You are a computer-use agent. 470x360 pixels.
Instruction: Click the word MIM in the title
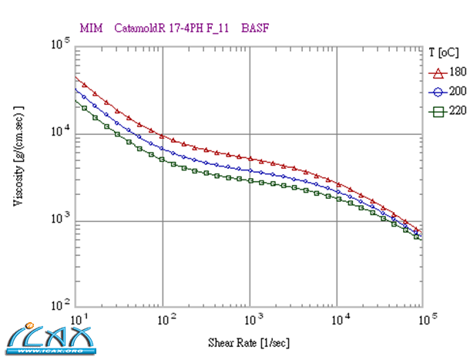[x=91, y=29]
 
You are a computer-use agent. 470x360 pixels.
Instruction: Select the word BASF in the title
[x=256, y=29]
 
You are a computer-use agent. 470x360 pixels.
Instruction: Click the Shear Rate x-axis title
[x=249, y=340]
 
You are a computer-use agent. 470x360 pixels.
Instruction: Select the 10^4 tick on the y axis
[x=61, y=133]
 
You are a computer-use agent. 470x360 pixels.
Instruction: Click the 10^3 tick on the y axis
[x=61, y=220]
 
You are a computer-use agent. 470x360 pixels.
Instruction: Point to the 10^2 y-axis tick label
[x=61, y=306]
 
